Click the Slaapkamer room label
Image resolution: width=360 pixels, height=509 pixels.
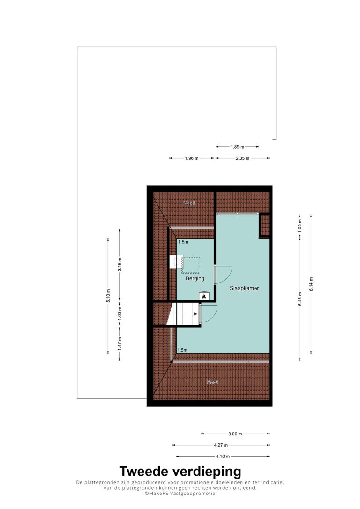244,288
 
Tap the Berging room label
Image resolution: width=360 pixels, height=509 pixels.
195,278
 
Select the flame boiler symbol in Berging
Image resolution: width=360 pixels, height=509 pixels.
204,296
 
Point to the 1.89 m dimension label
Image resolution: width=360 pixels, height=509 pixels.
237,147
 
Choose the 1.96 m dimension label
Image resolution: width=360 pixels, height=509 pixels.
192,158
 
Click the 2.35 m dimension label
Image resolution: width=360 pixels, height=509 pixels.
242,158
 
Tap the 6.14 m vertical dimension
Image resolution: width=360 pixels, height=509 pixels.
311,284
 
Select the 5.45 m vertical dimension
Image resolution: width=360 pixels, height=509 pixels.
300,301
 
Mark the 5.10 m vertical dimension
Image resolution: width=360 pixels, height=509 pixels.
108,296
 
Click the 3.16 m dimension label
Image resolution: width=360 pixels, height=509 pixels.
120,264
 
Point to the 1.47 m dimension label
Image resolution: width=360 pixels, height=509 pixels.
120,344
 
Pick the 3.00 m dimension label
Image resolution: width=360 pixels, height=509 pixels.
235,434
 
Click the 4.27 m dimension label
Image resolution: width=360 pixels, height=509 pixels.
221,445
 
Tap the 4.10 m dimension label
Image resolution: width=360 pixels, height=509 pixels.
223,457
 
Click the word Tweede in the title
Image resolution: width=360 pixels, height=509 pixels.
144,471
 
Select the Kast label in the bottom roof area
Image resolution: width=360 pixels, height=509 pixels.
213,382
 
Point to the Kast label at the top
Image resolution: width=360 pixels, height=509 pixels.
189,203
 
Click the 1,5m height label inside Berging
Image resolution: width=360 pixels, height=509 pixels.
183,242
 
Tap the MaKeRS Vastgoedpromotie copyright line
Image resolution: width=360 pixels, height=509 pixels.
180,494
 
